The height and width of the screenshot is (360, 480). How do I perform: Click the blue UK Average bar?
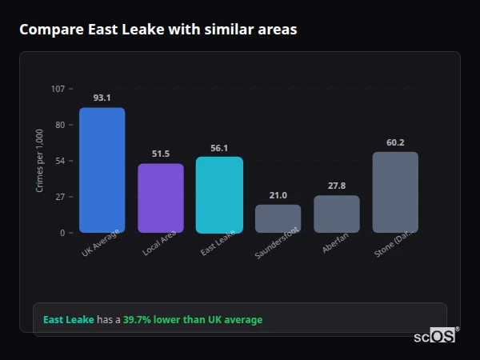click(102, 170)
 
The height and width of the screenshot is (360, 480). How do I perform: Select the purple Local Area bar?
click(160, 198)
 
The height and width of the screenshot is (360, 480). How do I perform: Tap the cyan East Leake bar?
click(219, 194)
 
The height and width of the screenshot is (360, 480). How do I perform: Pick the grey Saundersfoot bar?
click(278, 218)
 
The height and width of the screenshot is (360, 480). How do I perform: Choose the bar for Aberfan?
click(337, 214)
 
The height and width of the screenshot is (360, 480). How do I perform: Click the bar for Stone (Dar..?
click(395, 192)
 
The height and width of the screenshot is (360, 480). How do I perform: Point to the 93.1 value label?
click(102, 98)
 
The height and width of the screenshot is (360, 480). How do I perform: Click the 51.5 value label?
click(160, 154)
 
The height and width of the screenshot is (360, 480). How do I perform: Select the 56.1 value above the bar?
click(219, 147)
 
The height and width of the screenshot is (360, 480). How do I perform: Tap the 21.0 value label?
click(278, 194)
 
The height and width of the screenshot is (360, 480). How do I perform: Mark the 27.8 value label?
click(337, 186)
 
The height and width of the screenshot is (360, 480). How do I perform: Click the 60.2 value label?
click(395, 142)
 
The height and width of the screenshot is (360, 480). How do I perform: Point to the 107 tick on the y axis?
click(58, 88)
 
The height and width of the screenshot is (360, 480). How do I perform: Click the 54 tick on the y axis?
click(60, 161)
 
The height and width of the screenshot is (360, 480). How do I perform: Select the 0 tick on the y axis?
click(62, 233)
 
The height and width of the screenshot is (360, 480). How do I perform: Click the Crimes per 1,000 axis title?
click(39, 160)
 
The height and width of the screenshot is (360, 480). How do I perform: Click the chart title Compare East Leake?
click(158, 30)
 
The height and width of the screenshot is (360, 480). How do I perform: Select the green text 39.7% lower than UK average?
click(192, 320)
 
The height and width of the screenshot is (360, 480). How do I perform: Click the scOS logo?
click(434, 337)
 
